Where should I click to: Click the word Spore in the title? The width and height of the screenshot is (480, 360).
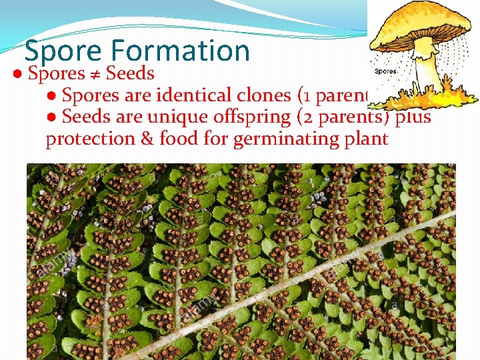[63, 51]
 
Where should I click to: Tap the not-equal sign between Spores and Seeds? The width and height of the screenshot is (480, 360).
[94, 73]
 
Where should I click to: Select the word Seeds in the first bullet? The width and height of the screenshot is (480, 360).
[130, 73]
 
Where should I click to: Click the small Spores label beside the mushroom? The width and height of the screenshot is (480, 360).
[387, 71]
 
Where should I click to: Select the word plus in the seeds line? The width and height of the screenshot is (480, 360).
[413, 117]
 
